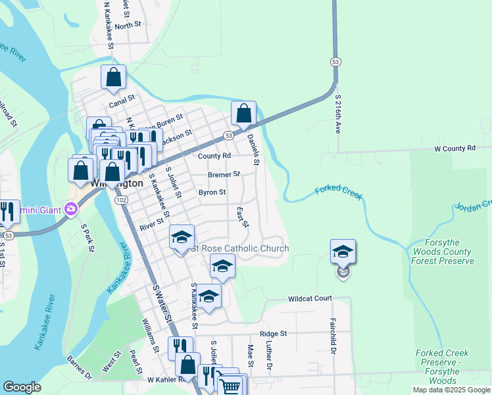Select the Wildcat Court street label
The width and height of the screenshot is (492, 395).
click(x=310, y=298)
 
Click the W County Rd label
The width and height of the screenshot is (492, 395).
click(x=454, y=149)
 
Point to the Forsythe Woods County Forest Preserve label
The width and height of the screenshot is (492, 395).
click(x=443, y=252)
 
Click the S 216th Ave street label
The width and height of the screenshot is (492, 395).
click(x=338, y=114)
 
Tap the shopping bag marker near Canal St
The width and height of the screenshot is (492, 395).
click(x=114, y=78)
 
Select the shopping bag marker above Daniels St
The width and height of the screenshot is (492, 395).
click(x=243, y=113)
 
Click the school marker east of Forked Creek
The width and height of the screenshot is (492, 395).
click(x=343, y=251)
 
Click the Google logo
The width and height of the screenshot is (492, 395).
click(x=22, y=387)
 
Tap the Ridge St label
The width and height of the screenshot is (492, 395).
click(x=273, y=334)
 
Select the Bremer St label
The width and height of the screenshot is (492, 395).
click(x=224, y=175)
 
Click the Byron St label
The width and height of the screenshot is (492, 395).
click(x=212, y=193)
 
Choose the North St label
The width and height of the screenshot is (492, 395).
click(x=128, y=25)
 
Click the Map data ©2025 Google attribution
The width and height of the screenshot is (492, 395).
click(x=451, y=390)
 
